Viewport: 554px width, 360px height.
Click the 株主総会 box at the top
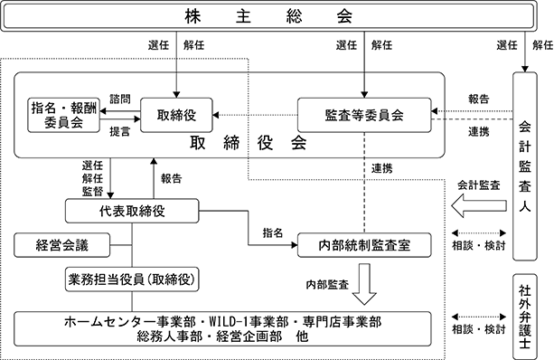pos(268,16)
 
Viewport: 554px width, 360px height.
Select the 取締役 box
pos(176,115)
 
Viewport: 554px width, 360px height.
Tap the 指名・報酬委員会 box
pos(64,115)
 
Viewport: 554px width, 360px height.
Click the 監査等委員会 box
pos(364,115)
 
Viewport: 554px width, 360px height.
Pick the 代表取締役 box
pos(132,211)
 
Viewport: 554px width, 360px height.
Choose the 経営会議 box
pos(62,245)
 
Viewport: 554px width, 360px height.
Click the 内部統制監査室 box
pos(364,245)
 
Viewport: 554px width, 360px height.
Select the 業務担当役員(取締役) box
pos(132,279)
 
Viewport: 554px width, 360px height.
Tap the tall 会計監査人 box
pos(525,166)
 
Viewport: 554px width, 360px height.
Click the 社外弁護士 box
pos(525,317)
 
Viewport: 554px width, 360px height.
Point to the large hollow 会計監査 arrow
pos(479,205)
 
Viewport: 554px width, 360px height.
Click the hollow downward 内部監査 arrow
pos(364,284)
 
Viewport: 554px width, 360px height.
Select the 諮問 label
pos(120,99)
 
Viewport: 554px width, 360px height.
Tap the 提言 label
pos(120,131)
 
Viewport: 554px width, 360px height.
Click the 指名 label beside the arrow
pos(273,232)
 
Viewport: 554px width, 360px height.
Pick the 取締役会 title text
pos(248,143)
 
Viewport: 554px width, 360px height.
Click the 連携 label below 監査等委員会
pos(382,168)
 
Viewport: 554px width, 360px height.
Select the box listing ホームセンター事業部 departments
pos(222,329)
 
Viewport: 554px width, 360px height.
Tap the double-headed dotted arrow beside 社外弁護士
pos(479,317)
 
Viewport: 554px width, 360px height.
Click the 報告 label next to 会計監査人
pos(479,99)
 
